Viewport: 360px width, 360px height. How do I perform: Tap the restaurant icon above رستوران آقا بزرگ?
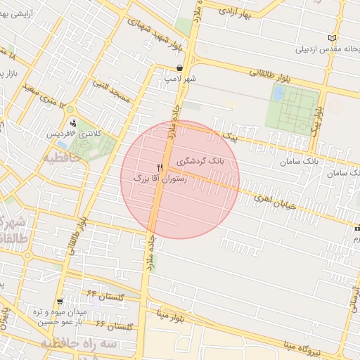160,167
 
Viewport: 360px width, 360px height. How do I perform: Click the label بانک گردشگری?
200,162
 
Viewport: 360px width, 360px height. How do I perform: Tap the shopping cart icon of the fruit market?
60,300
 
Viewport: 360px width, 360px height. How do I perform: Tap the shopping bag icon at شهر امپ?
180,68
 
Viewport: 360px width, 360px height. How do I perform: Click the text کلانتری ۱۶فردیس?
74,134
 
